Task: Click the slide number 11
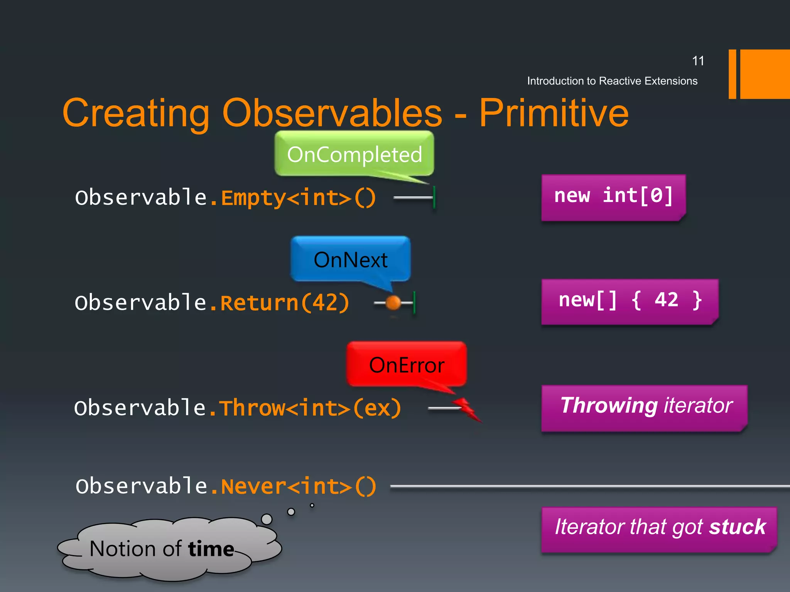coord(698,61)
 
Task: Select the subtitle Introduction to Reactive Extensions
coord(612,81)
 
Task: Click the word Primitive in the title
coord(554,113)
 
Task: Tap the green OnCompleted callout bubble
coord(354,154)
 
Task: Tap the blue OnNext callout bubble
coord(350,259)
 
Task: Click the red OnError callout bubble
coord(407,365)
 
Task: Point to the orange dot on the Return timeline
coord(393,303)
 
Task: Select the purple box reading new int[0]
coord(613,197)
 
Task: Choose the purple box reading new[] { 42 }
coord(630,301)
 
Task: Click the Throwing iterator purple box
coord(644,407)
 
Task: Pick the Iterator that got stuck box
coord(659,528)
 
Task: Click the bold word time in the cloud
coord(211,549)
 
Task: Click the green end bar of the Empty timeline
coord(434,197)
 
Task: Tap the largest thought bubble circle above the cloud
coord(267,519)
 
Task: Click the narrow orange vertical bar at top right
coord(732,74)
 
